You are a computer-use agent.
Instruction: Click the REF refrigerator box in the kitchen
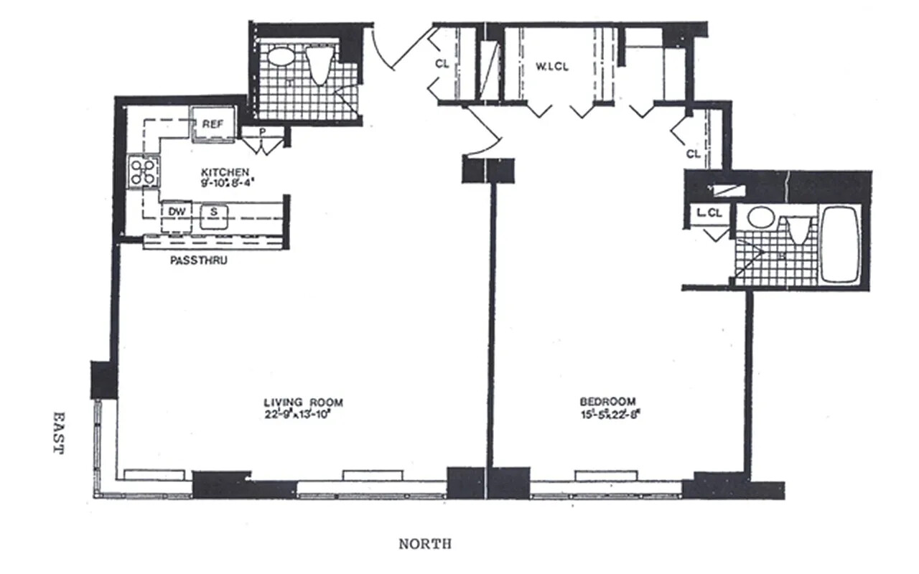(213, 125)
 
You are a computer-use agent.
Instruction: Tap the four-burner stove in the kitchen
(143, 172)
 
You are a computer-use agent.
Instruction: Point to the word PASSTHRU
(199, 261)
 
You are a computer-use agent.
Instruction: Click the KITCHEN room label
(225, 172)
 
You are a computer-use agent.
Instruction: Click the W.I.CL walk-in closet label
(552, 67)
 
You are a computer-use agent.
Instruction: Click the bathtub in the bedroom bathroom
(840, 244)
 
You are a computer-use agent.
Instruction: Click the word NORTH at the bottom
(425, 545)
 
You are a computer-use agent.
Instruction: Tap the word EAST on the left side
(57, 432)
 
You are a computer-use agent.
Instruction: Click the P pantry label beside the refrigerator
(263, 131)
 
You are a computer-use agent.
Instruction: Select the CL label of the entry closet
(442, 64)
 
